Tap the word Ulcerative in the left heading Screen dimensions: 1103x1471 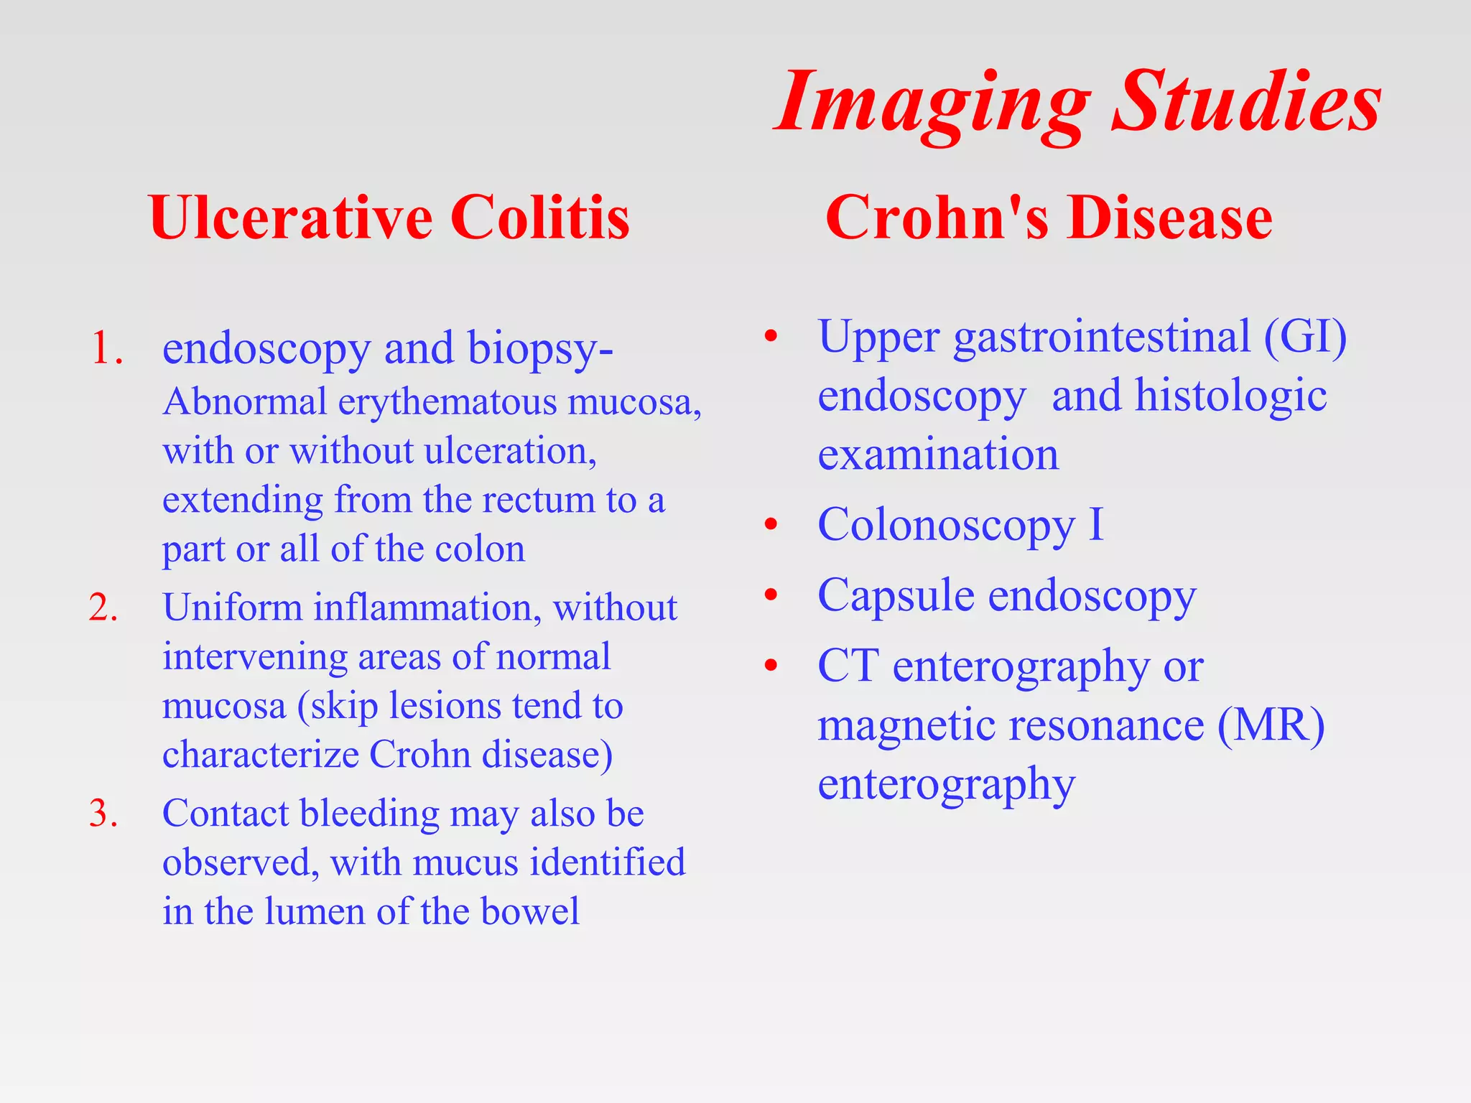point(290,218)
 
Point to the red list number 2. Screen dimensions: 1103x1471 point(103,608)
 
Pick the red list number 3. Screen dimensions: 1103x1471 point(103,814)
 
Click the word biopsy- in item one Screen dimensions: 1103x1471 point(540,350)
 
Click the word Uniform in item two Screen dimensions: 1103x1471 point(232,608)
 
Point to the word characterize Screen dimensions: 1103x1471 point(261,755)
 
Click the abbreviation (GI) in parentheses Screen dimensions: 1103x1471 point(1305,337)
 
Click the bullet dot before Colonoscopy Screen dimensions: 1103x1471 point(771,525)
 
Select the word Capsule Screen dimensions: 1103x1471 point(896,596)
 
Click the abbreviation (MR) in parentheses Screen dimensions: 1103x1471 point(1271,725)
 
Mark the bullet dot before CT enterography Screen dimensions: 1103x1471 point(771,666)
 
